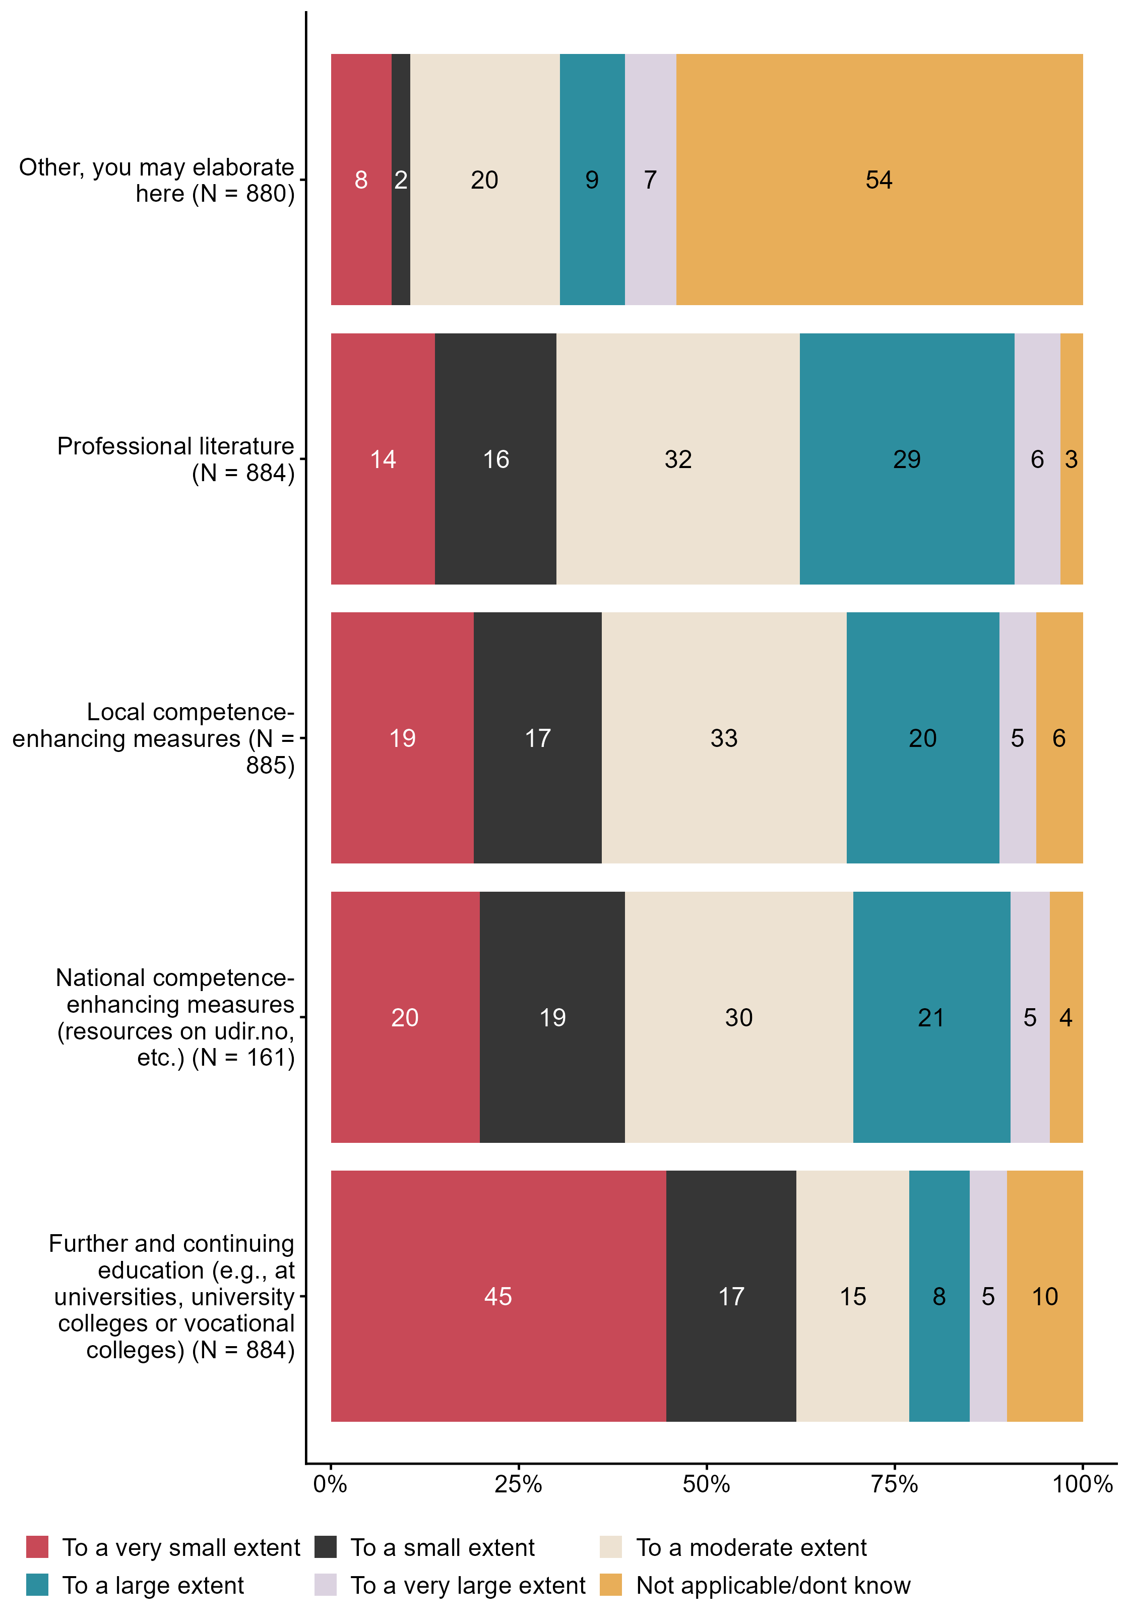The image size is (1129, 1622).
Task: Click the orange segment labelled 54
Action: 879,180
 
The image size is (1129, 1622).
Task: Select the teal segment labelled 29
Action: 907,459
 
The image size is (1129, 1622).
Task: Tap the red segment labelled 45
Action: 498,1296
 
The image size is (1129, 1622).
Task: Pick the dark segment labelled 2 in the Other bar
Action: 400,180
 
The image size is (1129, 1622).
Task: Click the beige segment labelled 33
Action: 724,738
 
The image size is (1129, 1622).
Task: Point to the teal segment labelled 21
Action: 930,1017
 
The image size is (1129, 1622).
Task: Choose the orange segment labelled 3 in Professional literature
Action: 1071,459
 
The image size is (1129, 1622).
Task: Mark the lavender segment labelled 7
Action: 650,180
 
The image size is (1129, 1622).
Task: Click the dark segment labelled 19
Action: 552,1017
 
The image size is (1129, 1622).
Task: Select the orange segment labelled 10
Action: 1044,1296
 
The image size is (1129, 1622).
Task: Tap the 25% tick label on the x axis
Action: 518,1484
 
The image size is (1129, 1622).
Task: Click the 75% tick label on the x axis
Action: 894,1484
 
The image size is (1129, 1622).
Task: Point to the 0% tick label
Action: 331,1484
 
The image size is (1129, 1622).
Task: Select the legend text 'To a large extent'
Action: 153,1585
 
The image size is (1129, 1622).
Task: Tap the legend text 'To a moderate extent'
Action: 751,1547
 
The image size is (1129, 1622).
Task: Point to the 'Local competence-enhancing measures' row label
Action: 153,738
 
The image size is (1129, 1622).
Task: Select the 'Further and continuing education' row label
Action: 171,1296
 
